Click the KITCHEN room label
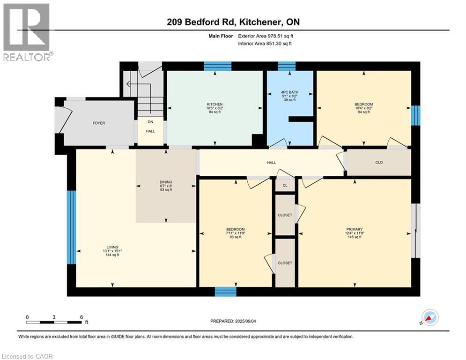pos(215,104)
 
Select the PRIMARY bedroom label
pos(355,230)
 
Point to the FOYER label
pos(98,123)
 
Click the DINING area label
pos(166,182)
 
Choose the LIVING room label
pos(112,247)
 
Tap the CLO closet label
pos(379,163)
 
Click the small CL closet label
pos(285,186)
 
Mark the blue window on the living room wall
pos(71,227)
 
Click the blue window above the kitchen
pos(217,66)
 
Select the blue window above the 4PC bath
pos(287,66)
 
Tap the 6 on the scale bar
pos(81,317)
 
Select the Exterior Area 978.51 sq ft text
pos(266,36)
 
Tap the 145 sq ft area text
pos(355,237)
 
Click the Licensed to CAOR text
pos(28,356)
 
